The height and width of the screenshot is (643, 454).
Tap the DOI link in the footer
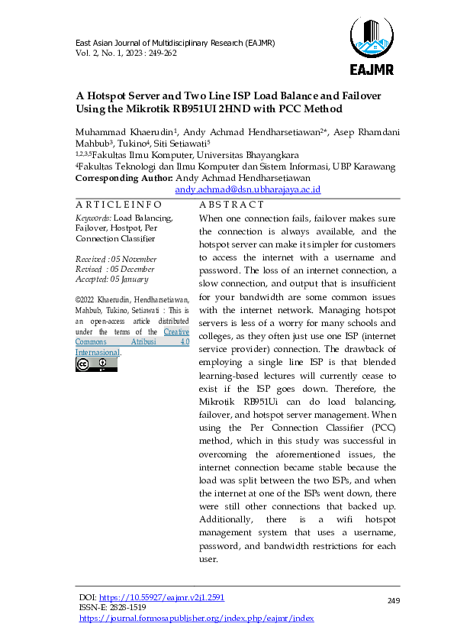coord(162,597)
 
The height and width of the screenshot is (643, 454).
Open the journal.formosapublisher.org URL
coord(197,618)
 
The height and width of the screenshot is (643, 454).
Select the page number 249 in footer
coord(394,602)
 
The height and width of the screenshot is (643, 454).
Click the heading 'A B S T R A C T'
coord(231,205)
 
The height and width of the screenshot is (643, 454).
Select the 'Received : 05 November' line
coord(114,259)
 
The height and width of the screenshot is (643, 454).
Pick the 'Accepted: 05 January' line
coord(111,279)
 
